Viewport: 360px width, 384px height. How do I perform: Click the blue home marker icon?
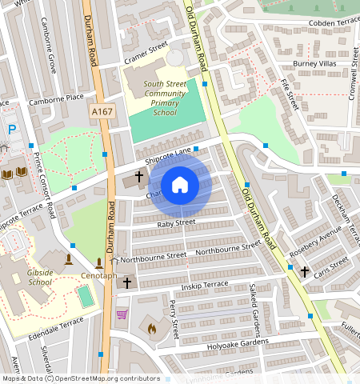point(180,186)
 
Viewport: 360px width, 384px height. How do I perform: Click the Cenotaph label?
point(99,277)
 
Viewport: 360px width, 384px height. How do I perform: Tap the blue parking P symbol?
point(11,129)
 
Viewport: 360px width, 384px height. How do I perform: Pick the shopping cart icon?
point(122,314)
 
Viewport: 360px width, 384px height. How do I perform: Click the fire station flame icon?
point(151,327)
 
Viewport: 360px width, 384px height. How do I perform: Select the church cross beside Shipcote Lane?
point(138,175)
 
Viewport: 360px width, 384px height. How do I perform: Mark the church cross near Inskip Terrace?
point(126,283)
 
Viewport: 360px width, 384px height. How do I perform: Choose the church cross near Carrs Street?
point(304,272)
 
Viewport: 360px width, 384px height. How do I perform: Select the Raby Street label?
point(176,223)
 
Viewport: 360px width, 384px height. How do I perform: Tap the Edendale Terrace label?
point(57,323)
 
